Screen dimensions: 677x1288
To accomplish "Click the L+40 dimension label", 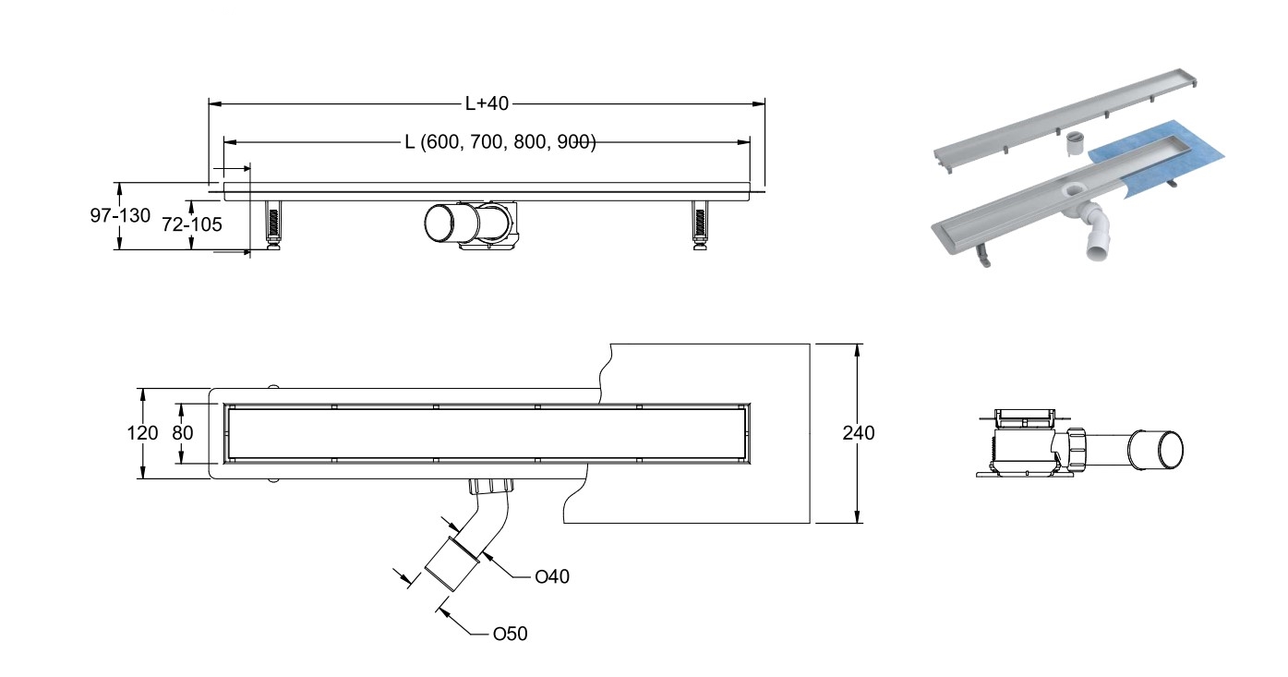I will coord(487,103).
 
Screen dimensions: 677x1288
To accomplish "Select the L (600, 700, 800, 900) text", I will coord(500,142).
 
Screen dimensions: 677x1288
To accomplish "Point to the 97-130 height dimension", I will coord(119,215).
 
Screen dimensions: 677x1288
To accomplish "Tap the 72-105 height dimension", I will coord(192,224).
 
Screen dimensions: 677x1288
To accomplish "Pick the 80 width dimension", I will coord(182,432).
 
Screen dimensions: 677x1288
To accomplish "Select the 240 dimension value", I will coord(859,432).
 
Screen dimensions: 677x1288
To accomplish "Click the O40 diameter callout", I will coord(552,577).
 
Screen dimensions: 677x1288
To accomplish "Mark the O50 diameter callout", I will coord(510,634).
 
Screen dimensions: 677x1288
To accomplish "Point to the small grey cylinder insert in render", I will coord(1074,144).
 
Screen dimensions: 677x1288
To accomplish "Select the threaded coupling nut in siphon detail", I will coord(1076,447).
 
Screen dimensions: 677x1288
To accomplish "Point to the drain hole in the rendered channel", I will coord(1074,192).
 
